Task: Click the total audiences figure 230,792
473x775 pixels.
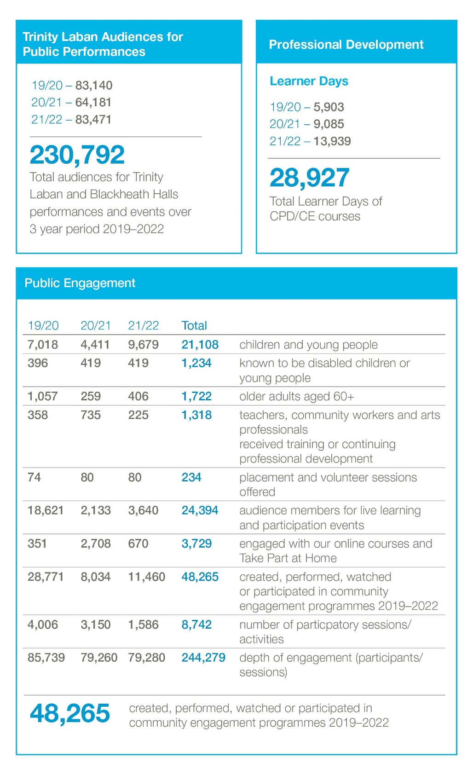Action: tap(77, 155)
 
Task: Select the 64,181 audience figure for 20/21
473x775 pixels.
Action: tap(93, 102)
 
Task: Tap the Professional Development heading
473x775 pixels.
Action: tap(346, 45)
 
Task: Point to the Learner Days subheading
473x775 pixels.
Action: tap(309, 81)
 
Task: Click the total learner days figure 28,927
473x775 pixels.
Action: tap(310, 178)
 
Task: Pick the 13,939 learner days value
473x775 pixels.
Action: tap(332, 141)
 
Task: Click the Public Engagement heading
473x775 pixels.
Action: tap(80, 283)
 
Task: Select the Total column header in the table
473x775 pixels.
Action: tap(194, 326)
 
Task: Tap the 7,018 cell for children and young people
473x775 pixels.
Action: tap(43, 345)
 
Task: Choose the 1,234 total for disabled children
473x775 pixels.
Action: tap(196, 363)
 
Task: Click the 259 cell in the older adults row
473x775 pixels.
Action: tap(91, 396)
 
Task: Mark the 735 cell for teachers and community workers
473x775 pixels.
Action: tap(91, 415)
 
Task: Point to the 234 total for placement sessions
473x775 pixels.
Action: tap(191, 477)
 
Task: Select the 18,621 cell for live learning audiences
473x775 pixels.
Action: tap(46, 510)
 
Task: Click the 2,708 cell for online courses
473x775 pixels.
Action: tap(96, 544)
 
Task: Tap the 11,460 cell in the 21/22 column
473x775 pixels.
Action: tap(146, 577)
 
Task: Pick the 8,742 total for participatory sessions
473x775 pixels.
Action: tap(196, 625)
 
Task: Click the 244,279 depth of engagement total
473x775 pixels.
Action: tap(203, 658)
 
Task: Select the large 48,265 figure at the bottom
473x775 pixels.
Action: tap(70, 713)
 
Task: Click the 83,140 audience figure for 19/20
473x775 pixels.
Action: tap(94, 85)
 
